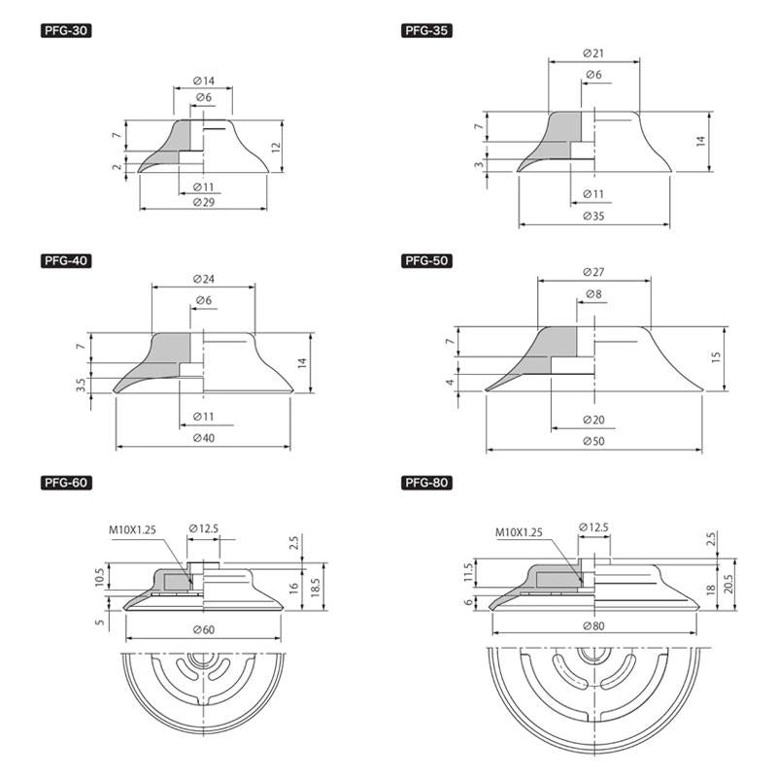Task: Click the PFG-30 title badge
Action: (66, 31)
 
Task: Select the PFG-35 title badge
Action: (426, 31)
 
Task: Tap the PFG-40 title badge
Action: (66, 260)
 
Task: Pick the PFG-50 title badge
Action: (426, 260)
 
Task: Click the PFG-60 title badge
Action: (66, 483)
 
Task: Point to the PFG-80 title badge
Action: (426, 483)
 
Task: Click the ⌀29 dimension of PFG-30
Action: (204, 202)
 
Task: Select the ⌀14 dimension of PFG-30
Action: (204, 81)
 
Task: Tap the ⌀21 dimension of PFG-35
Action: (593, 53)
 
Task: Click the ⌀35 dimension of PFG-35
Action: (593, 216)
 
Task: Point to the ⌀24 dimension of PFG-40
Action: (204, 280)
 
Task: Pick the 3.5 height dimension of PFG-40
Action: (82, 385)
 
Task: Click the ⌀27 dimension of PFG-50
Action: (593, 272)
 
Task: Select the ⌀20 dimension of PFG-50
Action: (593, 421)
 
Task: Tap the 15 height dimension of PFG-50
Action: (716, 357)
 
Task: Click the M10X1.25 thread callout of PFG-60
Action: (132, 530)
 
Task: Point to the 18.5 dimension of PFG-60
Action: (315, 588)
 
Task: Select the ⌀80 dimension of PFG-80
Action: (593, 626)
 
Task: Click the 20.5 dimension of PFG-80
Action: (727, 585)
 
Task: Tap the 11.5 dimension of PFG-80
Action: (468, 574)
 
